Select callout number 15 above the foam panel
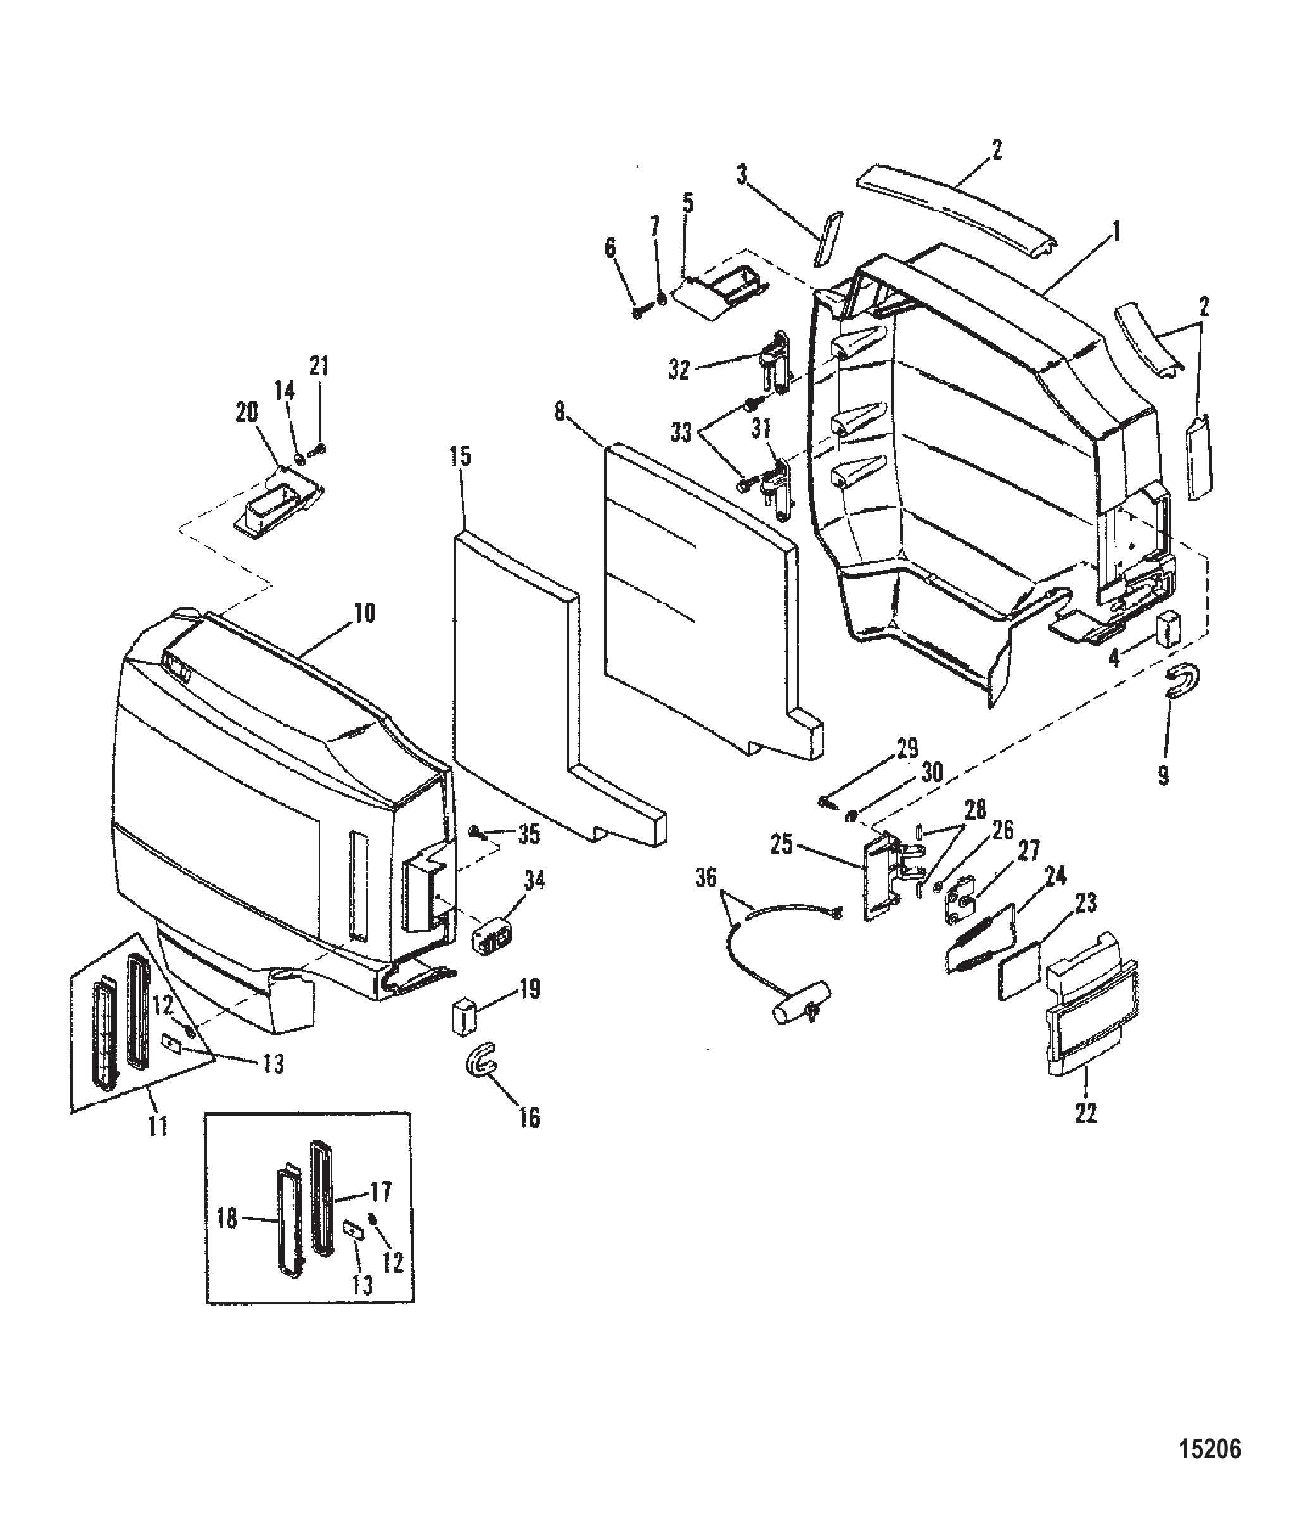[x=461, y=458]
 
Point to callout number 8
[x=559, y=413]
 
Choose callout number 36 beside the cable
[x=706, y=877]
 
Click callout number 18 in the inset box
[x=228, y=1219]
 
